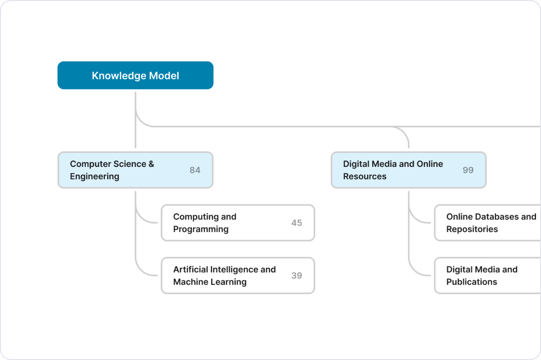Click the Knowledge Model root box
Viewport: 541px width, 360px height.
click(135, 76)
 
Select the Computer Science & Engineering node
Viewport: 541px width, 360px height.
click(135, 170)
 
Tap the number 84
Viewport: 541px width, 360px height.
click(195, 171)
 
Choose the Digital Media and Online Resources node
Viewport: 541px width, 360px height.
click(408, 170)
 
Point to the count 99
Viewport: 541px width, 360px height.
click(468, 171)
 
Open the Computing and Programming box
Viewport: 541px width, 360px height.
click(238, 223)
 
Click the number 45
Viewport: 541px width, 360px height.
click(297, 223)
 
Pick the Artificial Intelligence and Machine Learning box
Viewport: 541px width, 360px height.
click(238, 275)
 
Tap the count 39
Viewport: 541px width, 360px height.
click(297, 276)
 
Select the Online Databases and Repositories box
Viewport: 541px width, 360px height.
click(488, 223)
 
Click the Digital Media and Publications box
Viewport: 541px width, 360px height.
click(488, 275)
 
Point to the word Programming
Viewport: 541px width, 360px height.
click(201, 229)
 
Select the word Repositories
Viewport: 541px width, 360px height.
click(472, 229)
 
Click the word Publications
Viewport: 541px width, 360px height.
click(472, 282)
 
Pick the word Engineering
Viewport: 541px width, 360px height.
click(95, 177)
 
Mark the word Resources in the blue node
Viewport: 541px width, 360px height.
click(365, 177)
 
